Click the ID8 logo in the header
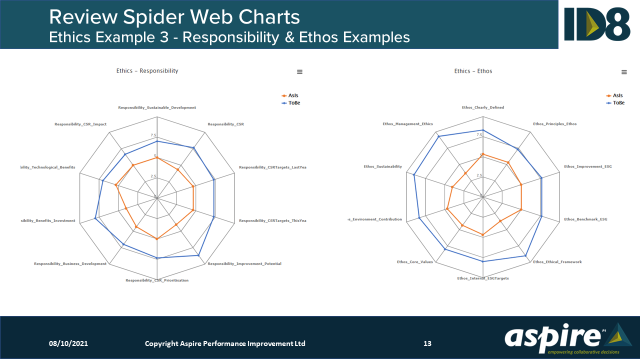click(597, 24)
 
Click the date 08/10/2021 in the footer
click(68, 343)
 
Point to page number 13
click(427, 343)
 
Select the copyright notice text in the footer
click(225, 343)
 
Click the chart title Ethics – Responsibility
click(147, 71)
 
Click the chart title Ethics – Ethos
click(473, 71)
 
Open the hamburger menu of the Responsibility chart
click(299, 72)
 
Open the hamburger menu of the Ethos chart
click(624, 72)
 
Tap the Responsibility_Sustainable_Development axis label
click(157, 107)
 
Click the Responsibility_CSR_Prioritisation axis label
click(157, 280)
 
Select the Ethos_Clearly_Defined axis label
click(482, 107)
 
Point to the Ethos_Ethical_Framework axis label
click(557, 262)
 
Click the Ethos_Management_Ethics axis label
click(407, 124)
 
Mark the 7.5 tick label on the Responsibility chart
click(152, 135)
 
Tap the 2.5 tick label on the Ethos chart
click(479, 175)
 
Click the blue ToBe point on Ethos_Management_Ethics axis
click(438, 136)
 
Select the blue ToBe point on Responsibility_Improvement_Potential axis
click(198, 255)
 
